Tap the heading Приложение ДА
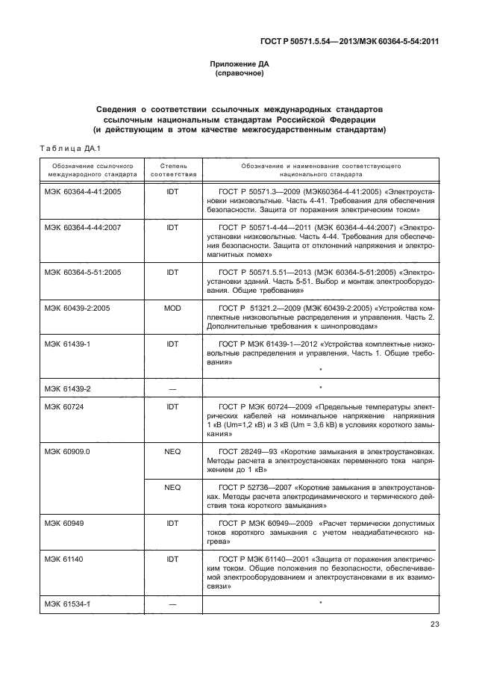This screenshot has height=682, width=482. click(241, 64)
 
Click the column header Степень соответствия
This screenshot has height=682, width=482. click(173, 168)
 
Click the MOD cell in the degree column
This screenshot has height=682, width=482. click(173, 307)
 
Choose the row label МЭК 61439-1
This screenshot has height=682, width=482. click(67, 344)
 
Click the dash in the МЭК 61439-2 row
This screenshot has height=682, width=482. click(173, 388)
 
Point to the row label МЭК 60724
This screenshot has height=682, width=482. click(64, 405)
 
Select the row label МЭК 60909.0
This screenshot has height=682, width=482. click(67, 451)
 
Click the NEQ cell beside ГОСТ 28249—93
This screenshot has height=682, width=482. click(173, 451)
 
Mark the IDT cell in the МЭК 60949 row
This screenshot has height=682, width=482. click(173, 524)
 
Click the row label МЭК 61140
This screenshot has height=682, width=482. click(64, 558)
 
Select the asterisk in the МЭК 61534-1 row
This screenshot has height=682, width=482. click(320, 602)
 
